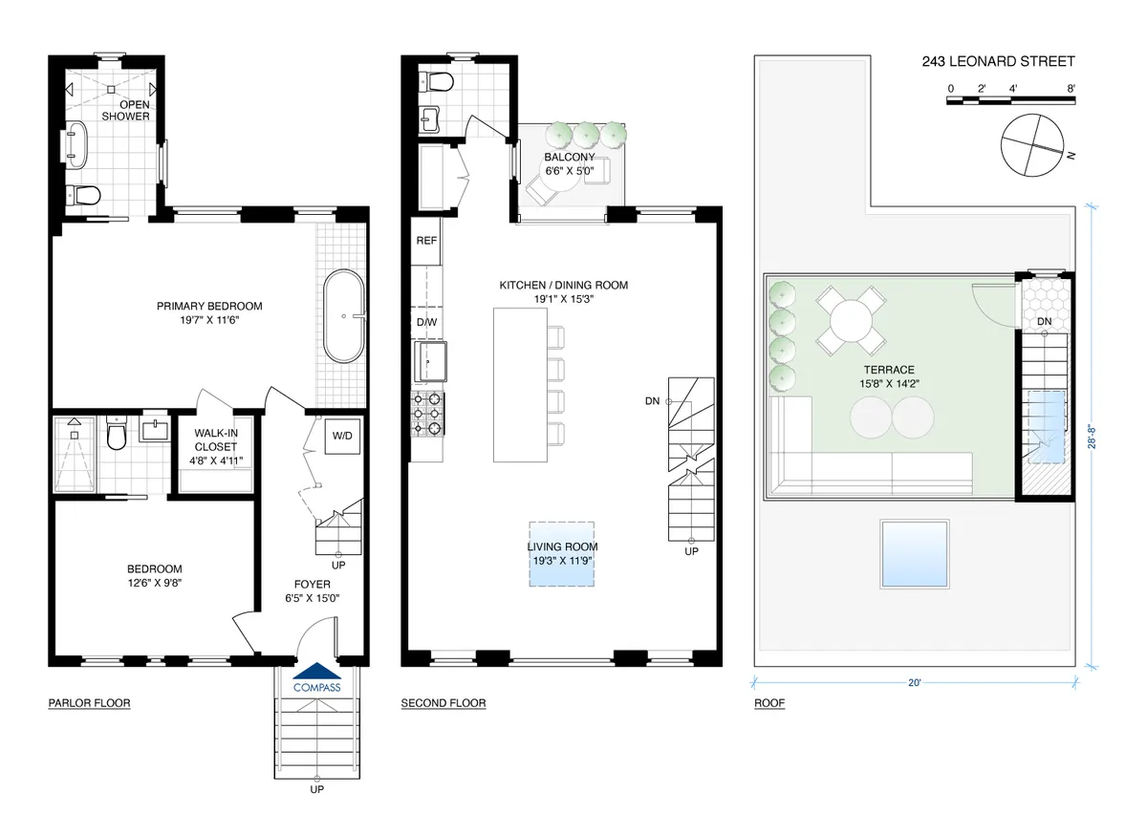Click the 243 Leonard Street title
tap(998, 61)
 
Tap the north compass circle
tap(1031, 145)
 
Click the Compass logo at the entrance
tap(317, 678)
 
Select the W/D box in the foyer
tap(342, 436)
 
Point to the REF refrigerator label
tap(426, 241)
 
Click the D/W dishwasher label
tap(426, 323)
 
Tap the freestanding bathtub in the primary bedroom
tap(344, 316)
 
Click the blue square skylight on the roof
tap(915, 554)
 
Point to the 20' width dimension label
tap(915, 682)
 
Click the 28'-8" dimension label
tap(1093, 437)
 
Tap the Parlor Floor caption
tap(89, 703)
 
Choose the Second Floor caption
tap(444, 703)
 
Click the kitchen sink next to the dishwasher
tap(430, 361)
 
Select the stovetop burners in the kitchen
tap(427, 414)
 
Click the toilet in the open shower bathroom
tap(83, 195)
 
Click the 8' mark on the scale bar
tap(1071, 89)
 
